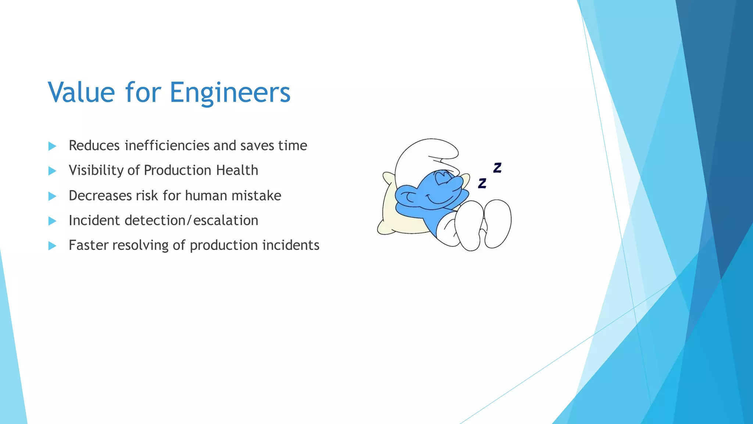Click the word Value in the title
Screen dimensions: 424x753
click(81, 92)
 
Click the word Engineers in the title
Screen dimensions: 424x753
click(230, 92)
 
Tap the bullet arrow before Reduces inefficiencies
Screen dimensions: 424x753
click(52, 146)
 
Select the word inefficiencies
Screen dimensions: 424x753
click(167, 145)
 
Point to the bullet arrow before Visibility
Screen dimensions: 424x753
click(52, 171)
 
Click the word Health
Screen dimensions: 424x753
click(237, 170)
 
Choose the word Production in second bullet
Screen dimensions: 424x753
click(177, 170)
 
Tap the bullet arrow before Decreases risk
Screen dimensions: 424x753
click(52, 196)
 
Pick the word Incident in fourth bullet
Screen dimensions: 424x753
click(94, 220)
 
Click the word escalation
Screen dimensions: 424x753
click(226, 220)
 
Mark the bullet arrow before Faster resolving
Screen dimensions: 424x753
click(52, 246)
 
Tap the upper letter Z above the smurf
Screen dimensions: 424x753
click(497, 168)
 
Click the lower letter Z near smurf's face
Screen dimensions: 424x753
click(482, 183)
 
